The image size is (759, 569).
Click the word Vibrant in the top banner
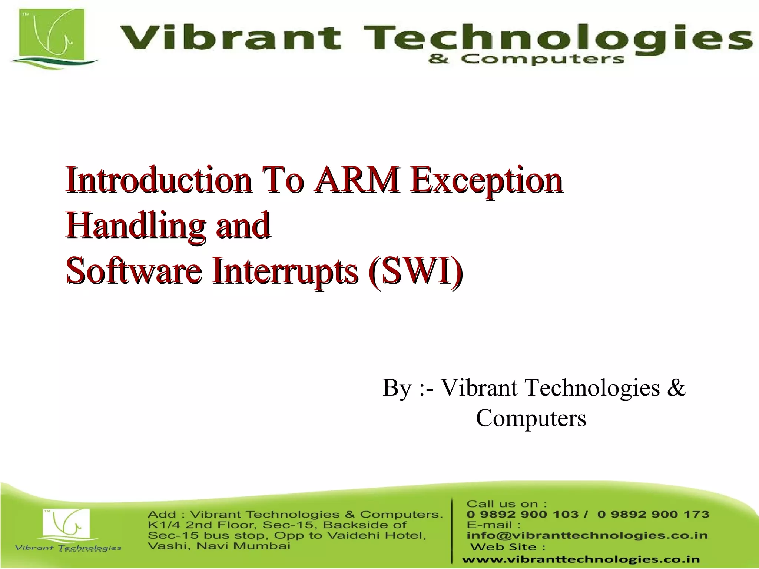pyautogui.click(x=230, y=38)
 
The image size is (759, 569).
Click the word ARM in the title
pyautogui.click(x=357, y=180)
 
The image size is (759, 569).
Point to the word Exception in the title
pyautogui.click(x=487, y=181)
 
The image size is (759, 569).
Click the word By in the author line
pyautogui.click(x=397, y=388)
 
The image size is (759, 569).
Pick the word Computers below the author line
pyautogui.click(x=531, y=418)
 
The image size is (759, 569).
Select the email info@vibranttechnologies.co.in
pyautogui.click(x=587, y=535)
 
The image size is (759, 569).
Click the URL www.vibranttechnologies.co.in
pyautogui.click(x=581, y=559)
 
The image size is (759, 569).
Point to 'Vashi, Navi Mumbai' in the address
pyautogui.click(x=219, y=546)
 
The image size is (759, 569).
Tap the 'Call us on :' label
pyautogui.click(x=506, y=504)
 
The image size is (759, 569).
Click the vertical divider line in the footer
pyautogui.click(x=452, y=530)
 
